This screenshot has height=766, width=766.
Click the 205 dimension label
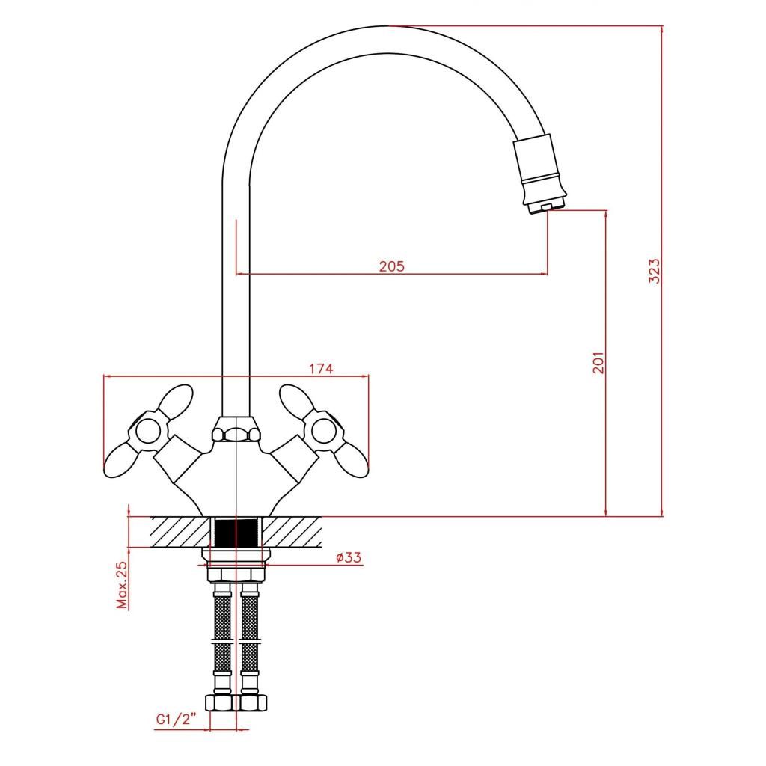click(392, 266)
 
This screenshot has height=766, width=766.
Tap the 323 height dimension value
click(654, 271)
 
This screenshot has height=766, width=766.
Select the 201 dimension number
click(598, 363)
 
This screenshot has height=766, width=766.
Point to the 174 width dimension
click(322, 368)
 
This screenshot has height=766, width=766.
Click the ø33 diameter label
click(349, 557)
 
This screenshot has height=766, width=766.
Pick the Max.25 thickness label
click(122, 584)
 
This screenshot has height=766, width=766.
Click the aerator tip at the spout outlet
click(548, 206)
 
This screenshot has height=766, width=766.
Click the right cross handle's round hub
click(325, 431)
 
